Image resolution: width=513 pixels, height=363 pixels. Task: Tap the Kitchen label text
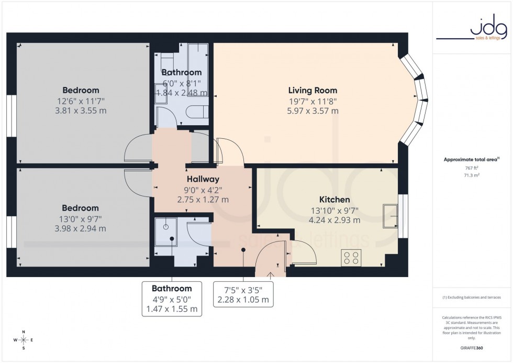click(334, 200)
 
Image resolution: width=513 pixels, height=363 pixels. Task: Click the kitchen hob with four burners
click(350, 257)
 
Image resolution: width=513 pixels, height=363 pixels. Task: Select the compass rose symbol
click(24, 340)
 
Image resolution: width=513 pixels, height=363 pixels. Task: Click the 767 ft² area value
click(472, 168)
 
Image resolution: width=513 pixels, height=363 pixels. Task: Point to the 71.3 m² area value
click(472, 175)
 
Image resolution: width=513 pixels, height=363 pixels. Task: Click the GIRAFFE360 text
click(472, 348)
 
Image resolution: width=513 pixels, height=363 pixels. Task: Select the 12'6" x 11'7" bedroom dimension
click(81, 101)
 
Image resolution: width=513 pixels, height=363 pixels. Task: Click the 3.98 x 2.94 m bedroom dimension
click(81, 228)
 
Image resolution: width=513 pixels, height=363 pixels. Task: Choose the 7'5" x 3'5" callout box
click(243, 295)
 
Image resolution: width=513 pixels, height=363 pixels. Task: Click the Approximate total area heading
click(472, 159)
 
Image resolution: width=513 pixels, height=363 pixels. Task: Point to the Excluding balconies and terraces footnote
click(472, 298)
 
